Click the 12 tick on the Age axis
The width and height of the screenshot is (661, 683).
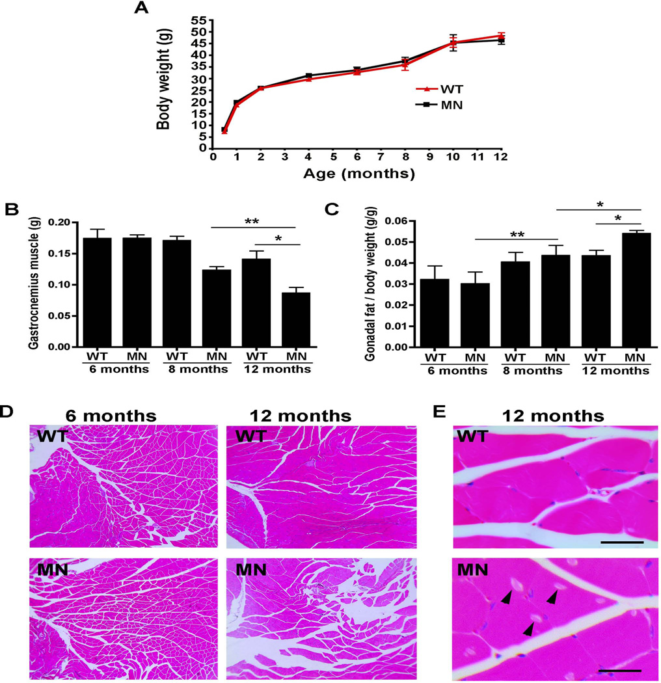coord(500,157)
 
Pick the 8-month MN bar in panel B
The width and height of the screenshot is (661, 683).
coord(216,307)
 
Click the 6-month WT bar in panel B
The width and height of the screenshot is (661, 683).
coord(97,292)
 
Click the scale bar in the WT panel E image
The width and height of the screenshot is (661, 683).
coord(622,541)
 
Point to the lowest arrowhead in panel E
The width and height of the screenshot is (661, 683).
coord(528,628)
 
